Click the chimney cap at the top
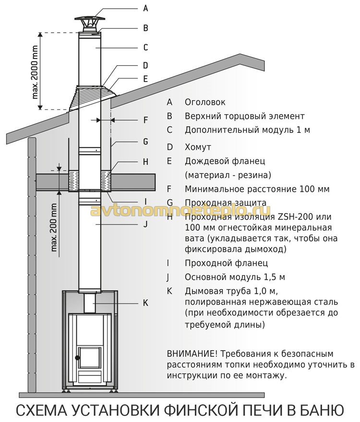click(x=89, y=22)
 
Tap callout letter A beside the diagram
click(x=145, y=8)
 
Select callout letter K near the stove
click(x=145, y=303)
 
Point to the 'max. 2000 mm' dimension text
click(x=35, y=72)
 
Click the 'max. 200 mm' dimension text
click(x=54, y=227)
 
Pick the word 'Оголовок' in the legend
click(x=205, y=102)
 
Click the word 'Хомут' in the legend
click(x=198, y=147)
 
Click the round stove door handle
click(x=78, y=358)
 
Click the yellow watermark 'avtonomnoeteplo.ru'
click(x=180, y=211)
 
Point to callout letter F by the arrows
click(x=145, y=120)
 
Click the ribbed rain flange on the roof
click(x=92, y=98)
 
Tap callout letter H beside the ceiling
click(x=145, y=162)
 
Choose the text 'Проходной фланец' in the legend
click(x=227, y=263)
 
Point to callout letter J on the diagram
click(x=145, y=224)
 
